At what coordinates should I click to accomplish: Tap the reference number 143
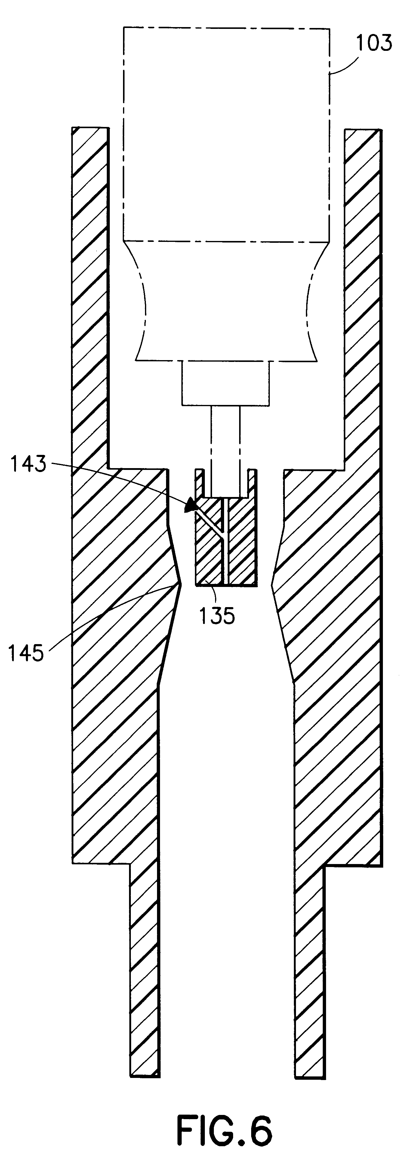click(28, 464)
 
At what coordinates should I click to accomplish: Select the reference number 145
click(26, 653)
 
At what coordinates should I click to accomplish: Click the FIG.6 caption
click(225, 1130)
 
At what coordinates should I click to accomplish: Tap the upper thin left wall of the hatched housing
click(90, 297)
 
